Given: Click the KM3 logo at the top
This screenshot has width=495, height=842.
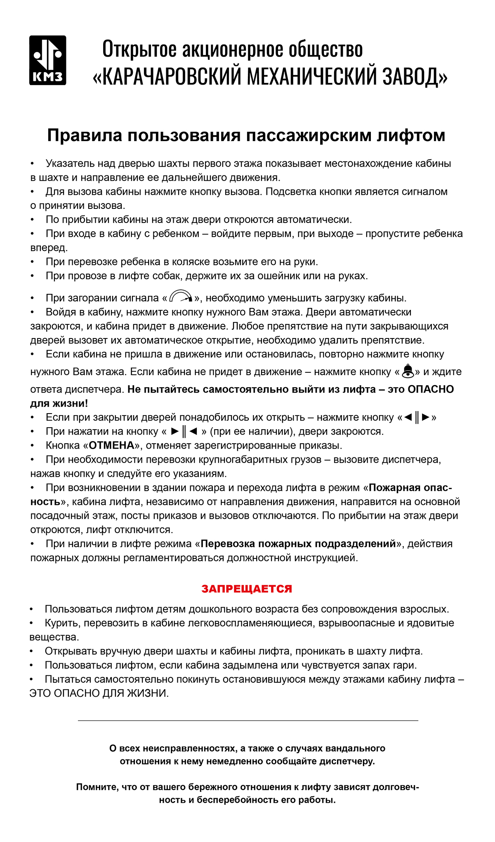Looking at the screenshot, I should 47,60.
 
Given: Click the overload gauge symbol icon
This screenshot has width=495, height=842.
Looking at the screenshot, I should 181,297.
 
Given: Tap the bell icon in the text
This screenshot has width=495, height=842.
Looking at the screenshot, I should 408,371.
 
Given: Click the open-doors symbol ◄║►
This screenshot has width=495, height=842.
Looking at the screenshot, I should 417,417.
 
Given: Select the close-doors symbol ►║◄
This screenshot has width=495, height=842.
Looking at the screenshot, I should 184,431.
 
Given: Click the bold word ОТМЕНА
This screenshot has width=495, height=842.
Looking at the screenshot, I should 112,445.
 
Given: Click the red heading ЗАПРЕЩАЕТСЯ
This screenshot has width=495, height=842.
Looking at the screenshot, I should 247,589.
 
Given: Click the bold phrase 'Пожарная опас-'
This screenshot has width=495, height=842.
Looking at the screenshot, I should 410,487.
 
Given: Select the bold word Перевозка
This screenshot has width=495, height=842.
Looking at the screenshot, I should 227,544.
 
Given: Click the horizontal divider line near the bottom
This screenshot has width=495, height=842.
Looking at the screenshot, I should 247,721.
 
